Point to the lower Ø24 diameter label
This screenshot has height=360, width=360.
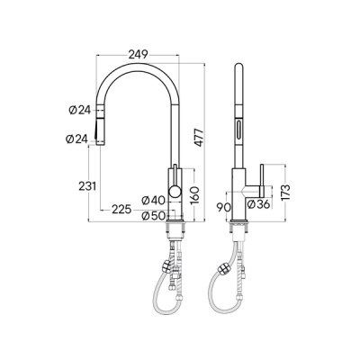coord(78,139)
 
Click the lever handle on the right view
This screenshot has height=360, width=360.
coord(260,179)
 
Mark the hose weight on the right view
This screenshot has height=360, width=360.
coord(221,266)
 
